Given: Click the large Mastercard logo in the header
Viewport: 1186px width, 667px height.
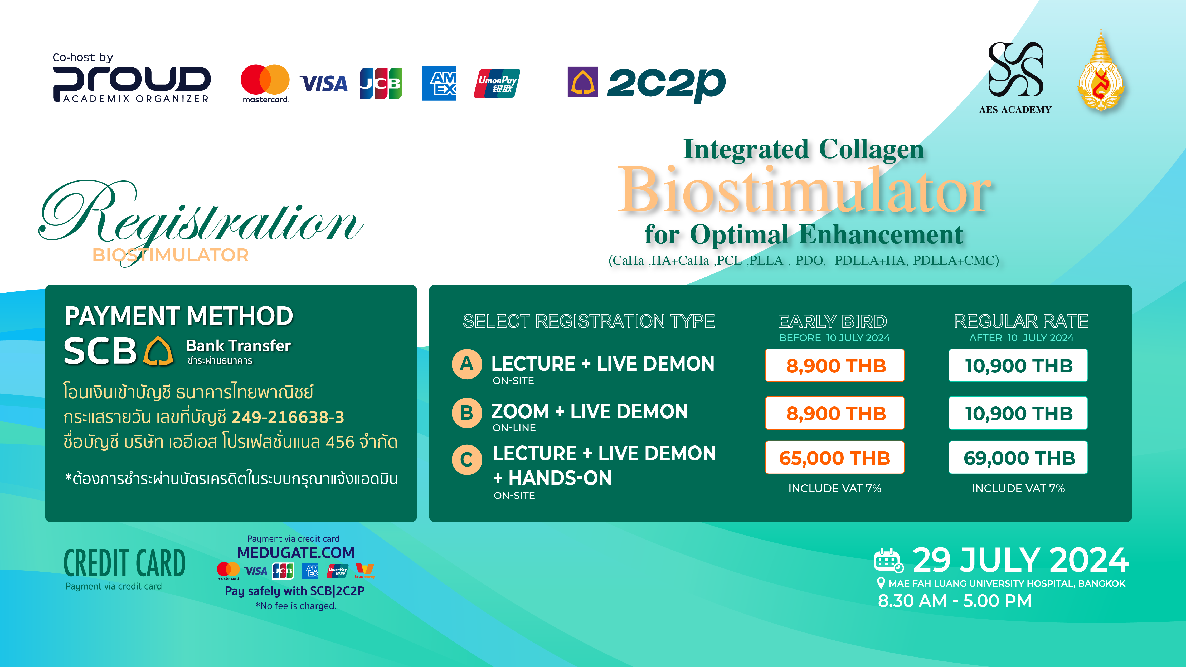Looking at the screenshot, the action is coord(265,83).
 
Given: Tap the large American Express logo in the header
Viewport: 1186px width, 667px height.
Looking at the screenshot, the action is coord(439,83).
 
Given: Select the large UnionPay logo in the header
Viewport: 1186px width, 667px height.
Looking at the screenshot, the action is coord(497,83).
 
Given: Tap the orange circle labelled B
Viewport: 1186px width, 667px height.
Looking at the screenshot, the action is coord(467,413).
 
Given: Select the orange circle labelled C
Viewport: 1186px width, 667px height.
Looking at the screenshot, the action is coord(467,459).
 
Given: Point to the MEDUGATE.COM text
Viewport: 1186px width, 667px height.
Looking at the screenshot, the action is coord(296,552).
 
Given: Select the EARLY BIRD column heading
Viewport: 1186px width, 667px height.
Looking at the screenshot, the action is coord(832,321).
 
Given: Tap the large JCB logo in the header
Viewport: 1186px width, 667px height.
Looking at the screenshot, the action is coord(381,83).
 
